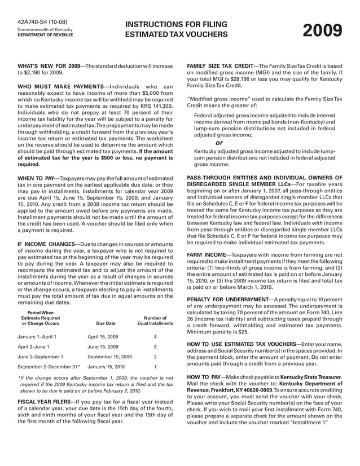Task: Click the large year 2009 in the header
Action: [322, 30]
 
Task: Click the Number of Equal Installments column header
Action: [155, 321]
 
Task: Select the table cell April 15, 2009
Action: [103, 337]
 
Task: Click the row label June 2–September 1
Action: [41, 357]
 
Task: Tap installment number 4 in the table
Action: [155, 337]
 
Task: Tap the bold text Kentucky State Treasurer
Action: [302, 376]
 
